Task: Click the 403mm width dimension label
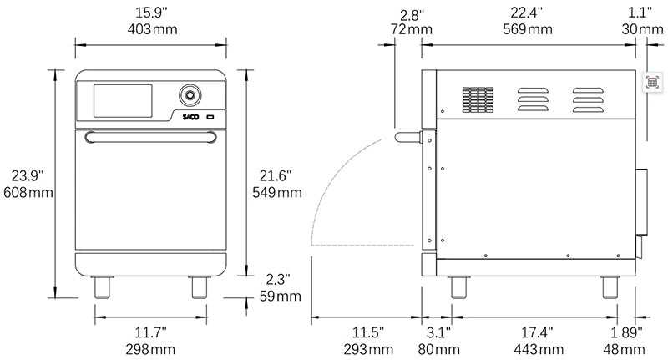[x=151, y=29]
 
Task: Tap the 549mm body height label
[x=276, y=193]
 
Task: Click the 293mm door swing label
[x=367, y=347]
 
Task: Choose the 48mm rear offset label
[x=626, y=347]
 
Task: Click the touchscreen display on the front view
[x=123, y=100]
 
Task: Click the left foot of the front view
[x=104, y=288]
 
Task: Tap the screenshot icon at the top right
[x=652, y=82]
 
